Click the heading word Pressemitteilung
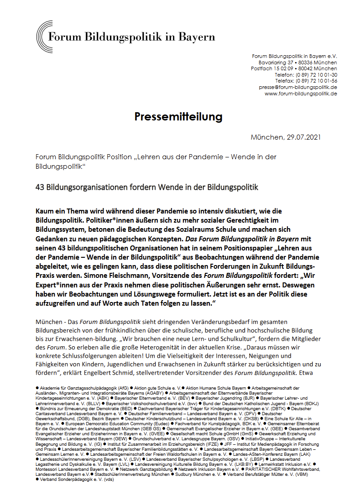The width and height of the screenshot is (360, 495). (x=178, y=117)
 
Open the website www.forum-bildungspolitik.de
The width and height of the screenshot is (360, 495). (x=301, y=93)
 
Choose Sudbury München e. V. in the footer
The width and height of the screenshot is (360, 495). (x=197, y=474)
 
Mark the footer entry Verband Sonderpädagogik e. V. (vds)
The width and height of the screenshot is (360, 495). (x=74, y=479)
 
